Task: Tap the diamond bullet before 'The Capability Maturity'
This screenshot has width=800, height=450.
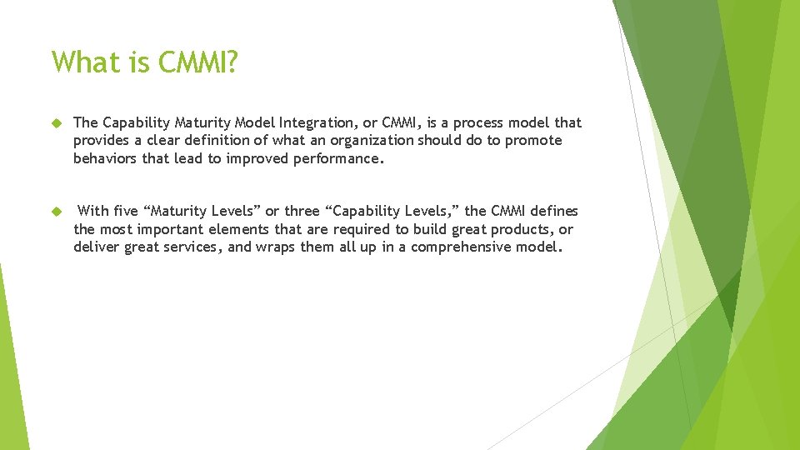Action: pos(57,123)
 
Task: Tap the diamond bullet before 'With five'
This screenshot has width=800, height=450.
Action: pos(57,212)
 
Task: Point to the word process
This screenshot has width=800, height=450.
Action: pos(476,123)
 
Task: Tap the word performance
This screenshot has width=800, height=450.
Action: pos(339,158)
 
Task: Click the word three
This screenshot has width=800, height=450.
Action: pos(302,211)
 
